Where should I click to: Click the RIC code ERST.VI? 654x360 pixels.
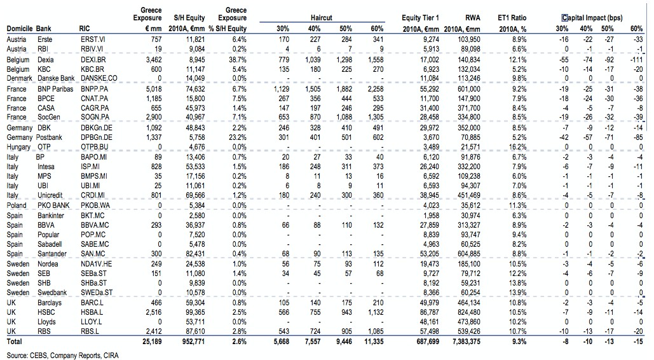(x=93, y=39)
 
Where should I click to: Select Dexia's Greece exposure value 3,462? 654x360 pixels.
(x=151, y=59)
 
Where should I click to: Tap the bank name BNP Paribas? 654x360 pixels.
(x=55, y=90)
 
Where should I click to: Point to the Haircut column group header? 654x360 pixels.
(x=322, y=18)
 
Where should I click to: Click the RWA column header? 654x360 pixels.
(x=472, y=18)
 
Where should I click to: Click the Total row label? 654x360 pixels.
(x=15, y=342)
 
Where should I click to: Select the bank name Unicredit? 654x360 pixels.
(x=52, y=195)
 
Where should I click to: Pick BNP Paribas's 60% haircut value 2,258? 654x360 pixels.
(x=375, y=90)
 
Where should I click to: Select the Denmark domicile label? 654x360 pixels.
(x=20, y=78)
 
